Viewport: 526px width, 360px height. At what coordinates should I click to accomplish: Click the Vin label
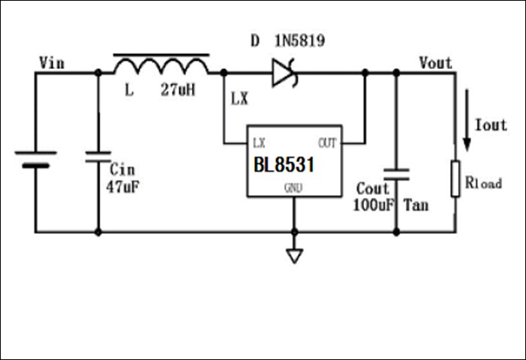51,63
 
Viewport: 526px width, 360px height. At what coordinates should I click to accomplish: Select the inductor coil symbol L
161,66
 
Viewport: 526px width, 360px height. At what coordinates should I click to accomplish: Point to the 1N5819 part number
300,42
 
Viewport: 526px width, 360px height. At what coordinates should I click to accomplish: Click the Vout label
436,62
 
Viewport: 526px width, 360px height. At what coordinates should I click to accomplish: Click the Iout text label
491,125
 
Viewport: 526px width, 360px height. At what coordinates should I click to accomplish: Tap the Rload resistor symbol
455,178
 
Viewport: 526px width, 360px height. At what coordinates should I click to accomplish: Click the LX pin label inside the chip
259,142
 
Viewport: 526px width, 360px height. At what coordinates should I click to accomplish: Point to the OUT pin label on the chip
327,142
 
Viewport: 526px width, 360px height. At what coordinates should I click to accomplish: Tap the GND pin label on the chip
293,188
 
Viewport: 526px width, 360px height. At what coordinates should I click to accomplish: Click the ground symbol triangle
294,256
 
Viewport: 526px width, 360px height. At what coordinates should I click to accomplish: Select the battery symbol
35,158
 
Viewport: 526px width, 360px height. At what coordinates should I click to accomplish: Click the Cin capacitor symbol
98,157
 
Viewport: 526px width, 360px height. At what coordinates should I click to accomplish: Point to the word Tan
416,204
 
